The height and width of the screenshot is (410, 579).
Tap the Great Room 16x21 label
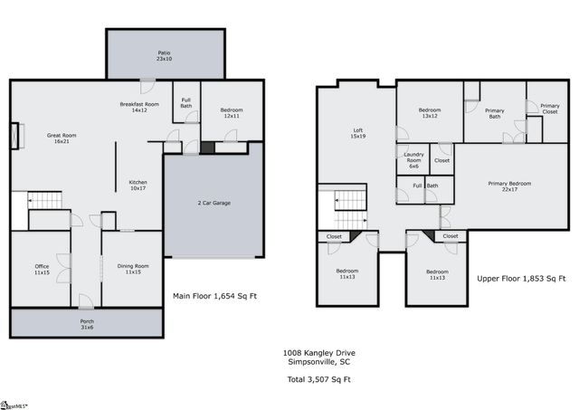click(62, 138)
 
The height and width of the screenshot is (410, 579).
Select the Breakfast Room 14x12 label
click(139, 107)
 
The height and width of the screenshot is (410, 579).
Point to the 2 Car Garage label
click(214, 203)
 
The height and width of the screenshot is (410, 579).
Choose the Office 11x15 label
click(42, 269)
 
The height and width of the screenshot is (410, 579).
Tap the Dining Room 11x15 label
click(133, 269)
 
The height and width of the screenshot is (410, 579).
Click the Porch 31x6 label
click(87, 324)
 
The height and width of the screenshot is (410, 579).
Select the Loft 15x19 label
click(357, 133)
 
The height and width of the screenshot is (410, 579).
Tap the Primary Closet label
click(549, 109)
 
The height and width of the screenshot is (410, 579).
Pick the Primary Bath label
click(495, 113)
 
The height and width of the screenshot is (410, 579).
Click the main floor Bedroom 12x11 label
click(232, 113)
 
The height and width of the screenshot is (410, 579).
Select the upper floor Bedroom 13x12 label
click(429, 113)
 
